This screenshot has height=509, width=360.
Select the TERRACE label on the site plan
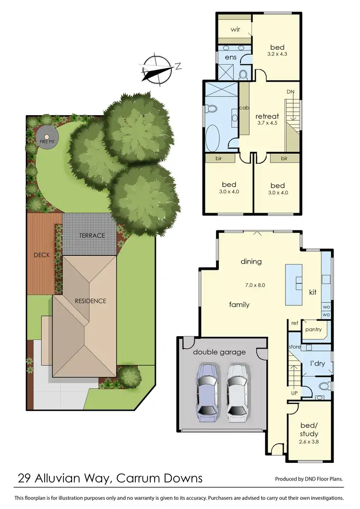[x=92, y=235]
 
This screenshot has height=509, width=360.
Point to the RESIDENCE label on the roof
[x=90, y=301]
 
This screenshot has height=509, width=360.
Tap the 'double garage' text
[x=219, y=352]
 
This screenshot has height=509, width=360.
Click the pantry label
[x=314, y=330]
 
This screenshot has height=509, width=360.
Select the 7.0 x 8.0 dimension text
[x=254, y=285]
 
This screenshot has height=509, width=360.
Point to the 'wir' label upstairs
[x=235, y=29]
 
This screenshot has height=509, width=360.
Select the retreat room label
[x=267, y=116]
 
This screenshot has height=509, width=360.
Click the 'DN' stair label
[x=290, y=92]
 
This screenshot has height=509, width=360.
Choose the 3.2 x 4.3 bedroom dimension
[x=277, y=55]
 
